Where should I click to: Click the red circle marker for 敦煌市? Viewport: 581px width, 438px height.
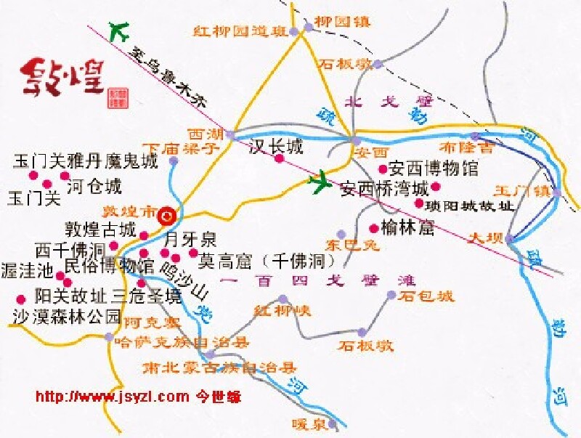[x=166, y=214]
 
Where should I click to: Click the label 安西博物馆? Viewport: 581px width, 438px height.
[x=434, y=169]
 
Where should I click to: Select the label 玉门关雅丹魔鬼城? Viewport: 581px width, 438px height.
[x=85, y=161]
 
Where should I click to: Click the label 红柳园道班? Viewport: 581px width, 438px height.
[x=240, y=31]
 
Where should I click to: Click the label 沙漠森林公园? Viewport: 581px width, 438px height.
[x=66, y=317]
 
